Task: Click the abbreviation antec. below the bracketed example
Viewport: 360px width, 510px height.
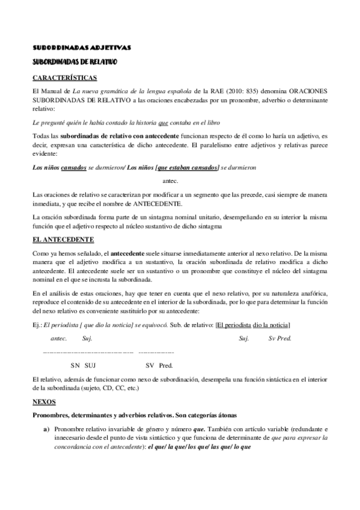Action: click(171, 180)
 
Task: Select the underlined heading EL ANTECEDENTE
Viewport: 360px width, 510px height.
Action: click(59, 239)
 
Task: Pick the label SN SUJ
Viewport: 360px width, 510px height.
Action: click(83, 365)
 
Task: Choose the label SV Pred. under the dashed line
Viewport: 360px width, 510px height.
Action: click(159, 365)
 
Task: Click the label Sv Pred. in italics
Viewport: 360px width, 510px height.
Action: click(279, 339)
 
